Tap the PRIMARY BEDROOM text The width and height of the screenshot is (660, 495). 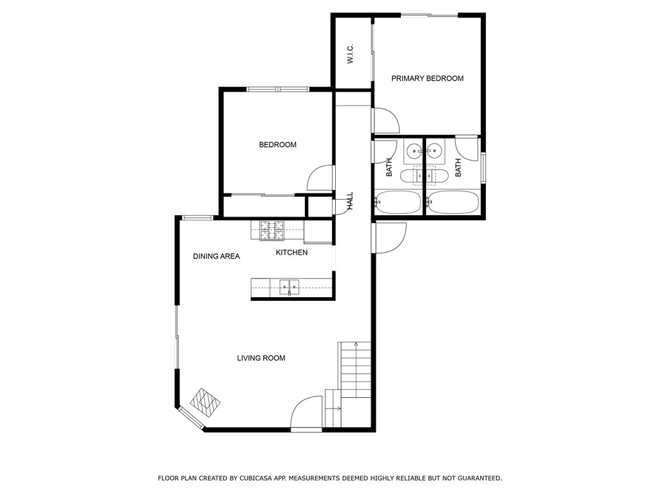[x=427, y=79]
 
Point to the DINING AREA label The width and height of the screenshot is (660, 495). [x=216, y=257]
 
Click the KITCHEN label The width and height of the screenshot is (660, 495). [x=291, y=253]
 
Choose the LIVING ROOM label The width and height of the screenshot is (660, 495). [x=260, y=358]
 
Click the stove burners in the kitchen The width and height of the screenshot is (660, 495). [x=272, y=229]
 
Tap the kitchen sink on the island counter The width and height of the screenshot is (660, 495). [x=289, y=287]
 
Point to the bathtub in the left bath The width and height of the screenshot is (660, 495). [x=397, y=202]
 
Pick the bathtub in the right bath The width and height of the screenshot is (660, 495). [x=452, y=202]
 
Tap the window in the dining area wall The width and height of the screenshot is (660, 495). [x=197, y=218]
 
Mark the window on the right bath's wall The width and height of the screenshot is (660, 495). [x=483, y=169]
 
